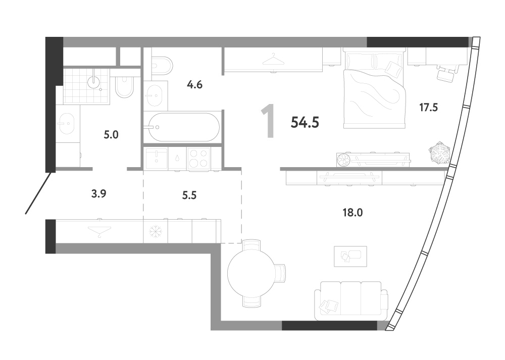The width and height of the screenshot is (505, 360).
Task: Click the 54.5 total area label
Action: tap(305, 122)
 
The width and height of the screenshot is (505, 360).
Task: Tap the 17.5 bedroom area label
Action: tap(428, 107)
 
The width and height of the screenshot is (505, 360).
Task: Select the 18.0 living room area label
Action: tap(352, 213)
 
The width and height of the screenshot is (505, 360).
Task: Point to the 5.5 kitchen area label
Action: tap(189, 195)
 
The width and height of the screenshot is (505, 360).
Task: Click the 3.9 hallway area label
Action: tap(99, 193)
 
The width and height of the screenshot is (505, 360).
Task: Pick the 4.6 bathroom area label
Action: tap(194, 85)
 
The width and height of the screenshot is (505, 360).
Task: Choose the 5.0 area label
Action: tap(111, 135)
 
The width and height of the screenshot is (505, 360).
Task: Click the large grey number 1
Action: tap(268, 121)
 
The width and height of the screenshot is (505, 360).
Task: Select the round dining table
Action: tap(251, 273)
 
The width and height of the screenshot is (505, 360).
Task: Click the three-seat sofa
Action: tap(351, 300)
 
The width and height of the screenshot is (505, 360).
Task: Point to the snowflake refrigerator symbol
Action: tap(155, 232)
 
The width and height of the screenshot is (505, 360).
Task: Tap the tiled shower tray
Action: tap(87, 86)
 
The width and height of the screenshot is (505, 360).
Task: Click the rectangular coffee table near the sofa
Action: tap(350, 256)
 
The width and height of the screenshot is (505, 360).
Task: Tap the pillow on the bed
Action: tap(393, 69)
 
